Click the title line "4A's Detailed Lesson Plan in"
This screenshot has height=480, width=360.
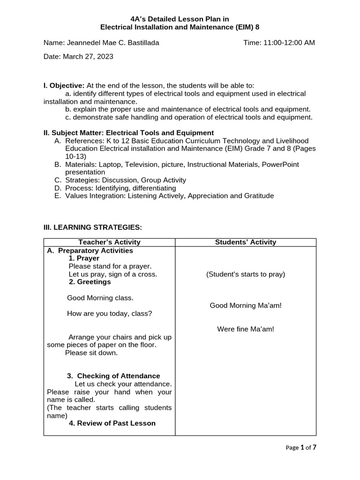[x=180, y=19]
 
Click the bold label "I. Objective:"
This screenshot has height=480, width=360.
[x=64, y=85]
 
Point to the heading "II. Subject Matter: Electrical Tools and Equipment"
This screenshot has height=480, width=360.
[x=128, y=133]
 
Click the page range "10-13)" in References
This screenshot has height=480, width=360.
[x=76, y=157]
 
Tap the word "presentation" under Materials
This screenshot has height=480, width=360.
[x=85, y=172]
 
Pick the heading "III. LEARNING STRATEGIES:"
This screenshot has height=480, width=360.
[x=92, y=227]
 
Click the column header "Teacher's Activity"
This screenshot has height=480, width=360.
[x=109, y=242]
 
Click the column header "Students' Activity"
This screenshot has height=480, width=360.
[x=246, y=242]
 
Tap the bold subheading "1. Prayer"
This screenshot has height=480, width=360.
[x=84, y=258]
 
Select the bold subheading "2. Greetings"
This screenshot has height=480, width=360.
[x=90, y=282]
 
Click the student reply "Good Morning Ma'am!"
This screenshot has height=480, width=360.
[x=246, y=306]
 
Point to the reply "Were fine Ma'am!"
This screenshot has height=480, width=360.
[x=246, y=329]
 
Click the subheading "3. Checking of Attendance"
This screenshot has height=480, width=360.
[x=113, y=376]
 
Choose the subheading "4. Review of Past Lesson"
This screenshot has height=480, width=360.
[x=112, y=423]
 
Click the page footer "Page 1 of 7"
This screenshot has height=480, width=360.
[x=301, y=448]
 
